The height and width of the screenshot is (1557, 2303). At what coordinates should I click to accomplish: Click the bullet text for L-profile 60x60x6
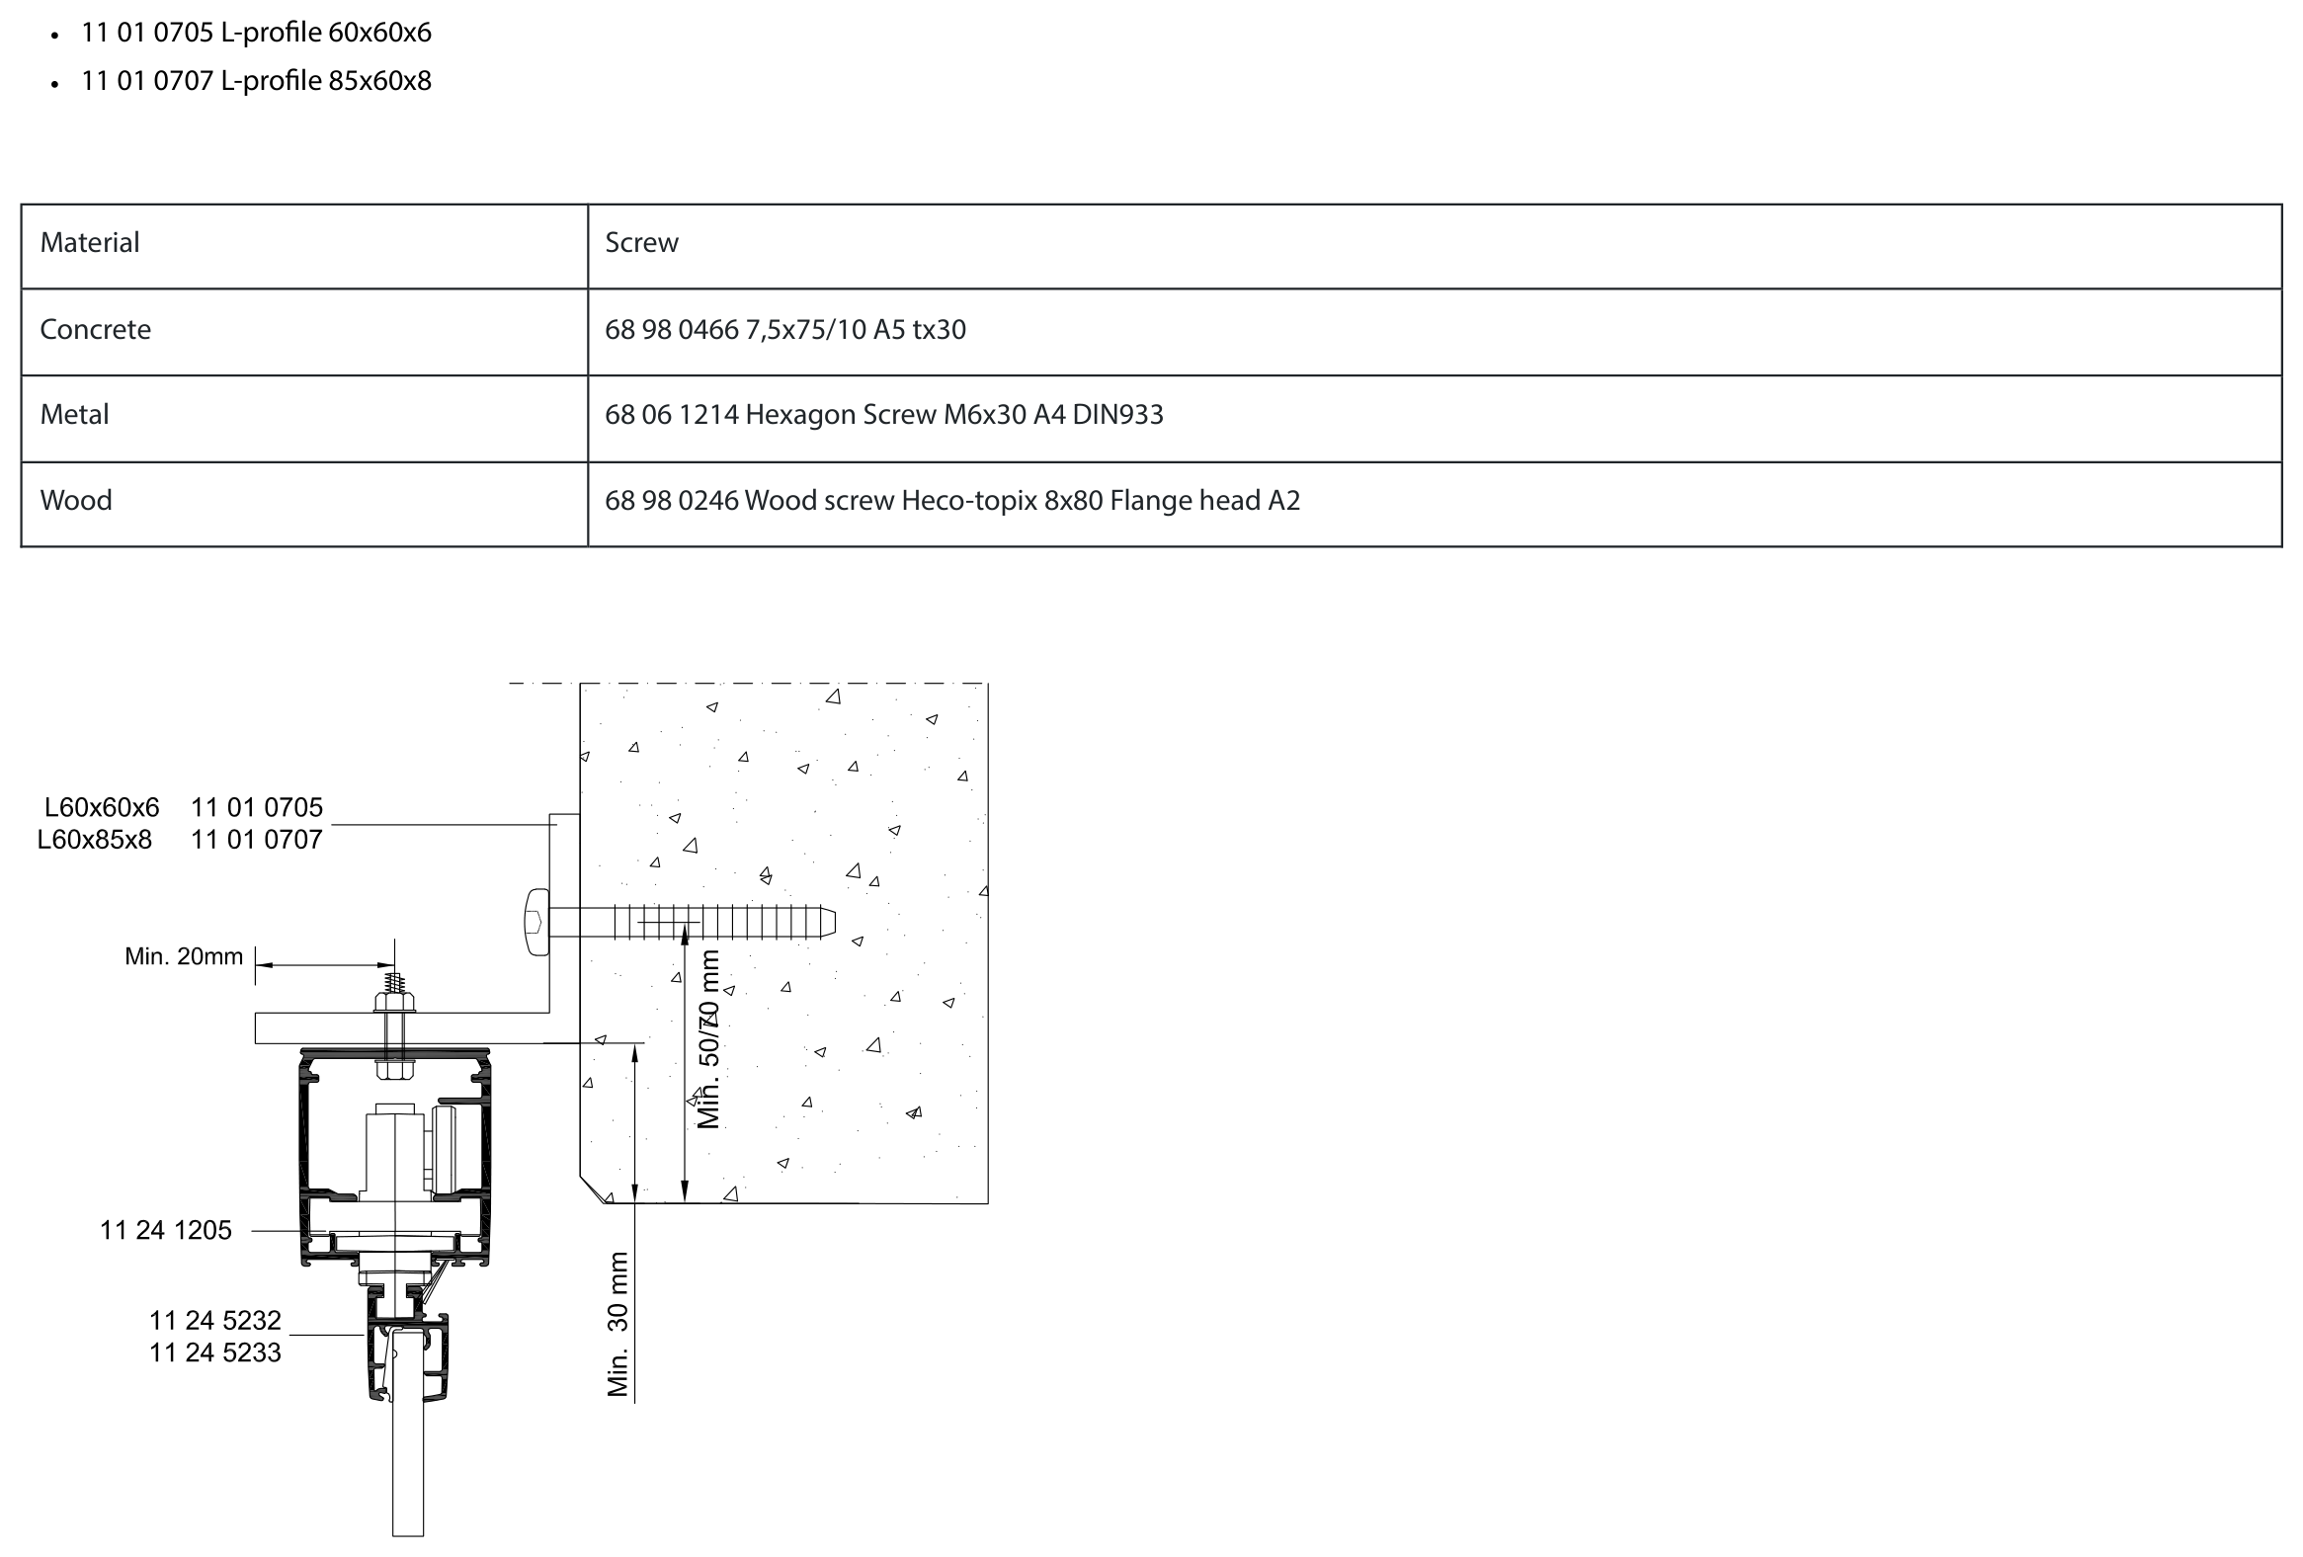click(x=257, y=33)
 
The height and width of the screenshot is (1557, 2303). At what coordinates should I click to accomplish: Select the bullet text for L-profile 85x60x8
click(x=257, y=80)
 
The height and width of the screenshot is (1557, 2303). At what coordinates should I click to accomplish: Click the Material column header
click(x=90, y=243)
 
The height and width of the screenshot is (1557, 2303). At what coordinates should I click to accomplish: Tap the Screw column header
click(x=642, y=243)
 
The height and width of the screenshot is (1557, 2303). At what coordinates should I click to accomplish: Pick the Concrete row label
click(x=96, y=329)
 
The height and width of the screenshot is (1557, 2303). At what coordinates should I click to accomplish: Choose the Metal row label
click(x=74, y=414)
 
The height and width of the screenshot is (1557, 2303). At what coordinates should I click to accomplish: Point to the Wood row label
click(x=76, y=501)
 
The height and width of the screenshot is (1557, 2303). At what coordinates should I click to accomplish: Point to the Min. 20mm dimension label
click(x=184, y=956)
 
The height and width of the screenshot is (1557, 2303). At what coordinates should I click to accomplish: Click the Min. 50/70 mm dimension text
click(x=709, y=1038)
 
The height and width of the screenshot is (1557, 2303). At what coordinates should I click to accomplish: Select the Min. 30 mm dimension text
click(x=618, y=1324)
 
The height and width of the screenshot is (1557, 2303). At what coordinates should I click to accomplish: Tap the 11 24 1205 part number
click(x=166, y=1231)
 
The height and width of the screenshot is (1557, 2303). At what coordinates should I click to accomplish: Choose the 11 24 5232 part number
click(x=215, y=1321)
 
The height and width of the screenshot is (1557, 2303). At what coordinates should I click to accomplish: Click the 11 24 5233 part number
click(x=215, y=1353)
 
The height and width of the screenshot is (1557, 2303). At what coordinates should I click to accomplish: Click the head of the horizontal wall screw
click(x=536, y=923)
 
